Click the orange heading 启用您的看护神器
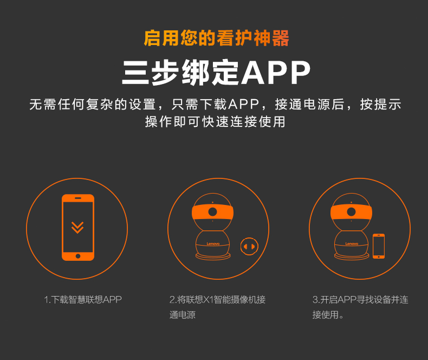pos(216,38)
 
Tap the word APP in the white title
pos(276,73)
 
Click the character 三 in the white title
pos(135,73)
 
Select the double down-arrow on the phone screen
pos(77,228)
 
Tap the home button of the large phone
pos(78,256)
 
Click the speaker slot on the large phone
pos(78,198)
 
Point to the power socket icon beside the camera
pos(249,246)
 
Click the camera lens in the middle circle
pos(212,211)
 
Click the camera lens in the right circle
pos(351,211)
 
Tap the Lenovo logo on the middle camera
pos(213,243)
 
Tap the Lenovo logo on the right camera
pos(352,243)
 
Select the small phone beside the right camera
pos(379,246)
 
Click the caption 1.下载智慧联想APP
pos(83,300)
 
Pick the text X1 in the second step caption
pos(209,300)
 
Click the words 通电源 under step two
pos(183,315)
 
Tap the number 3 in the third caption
pos(315,300)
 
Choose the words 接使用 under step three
pos(326,315)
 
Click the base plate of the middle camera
pos(213,256)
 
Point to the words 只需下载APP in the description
pos(215,104)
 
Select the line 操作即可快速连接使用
pos(215,122)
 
